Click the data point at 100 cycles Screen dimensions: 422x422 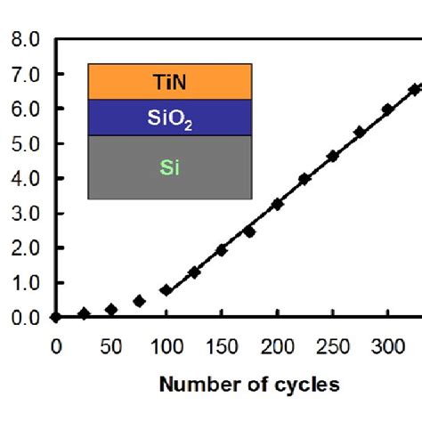166,290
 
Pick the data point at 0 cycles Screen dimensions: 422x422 55,317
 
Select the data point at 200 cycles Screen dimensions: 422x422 277,204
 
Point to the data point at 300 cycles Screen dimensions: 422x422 387,110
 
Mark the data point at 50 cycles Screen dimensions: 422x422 110,310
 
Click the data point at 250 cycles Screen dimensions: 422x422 332,156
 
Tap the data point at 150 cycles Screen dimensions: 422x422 221,250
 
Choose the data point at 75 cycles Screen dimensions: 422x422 139,301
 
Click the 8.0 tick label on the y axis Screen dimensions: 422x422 24,40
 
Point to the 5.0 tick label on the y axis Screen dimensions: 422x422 24,144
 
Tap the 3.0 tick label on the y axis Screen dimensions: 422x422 24,214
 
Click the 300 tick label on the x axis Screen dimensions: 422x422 387,345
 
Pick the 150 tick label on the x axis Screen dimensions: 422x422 221,345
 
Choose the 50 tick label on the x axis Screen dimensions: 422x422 110,345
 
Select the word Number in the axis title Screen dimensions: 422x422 194,385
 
